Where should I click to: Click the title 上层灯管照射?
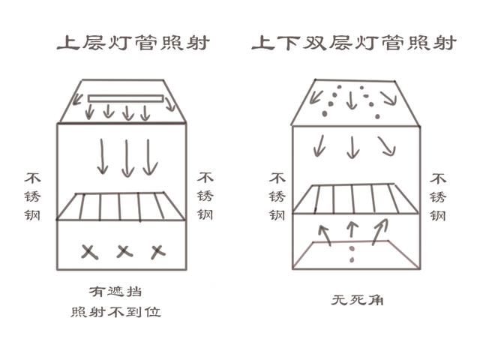[x=133, y=43]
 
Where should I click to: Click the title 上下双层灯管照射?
[x=354, y=43]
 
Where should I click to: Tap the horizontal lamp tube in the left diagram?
[x=125, y=98]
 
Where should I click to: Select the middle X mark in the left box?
[x=124, y=252]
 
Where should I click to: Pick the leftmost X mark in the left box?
[x=89, y=252]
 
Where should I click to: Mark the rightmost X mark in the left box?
[x=158, y=252]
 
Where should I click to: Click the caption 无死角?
[x=357, y=300]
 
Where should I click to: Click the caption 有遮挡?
[x=115, y=292]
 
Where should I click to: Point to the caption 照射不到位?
[x=115, y=312]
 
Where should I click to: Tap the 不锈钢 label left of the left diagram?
[x=32, y=196]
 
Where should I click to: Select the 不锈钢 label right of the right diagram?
[x=438, y=197]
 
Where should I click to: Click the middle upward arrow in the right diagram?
[x=352, y=229]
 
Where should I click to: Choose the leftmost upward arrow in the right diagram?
[x=325, y=235]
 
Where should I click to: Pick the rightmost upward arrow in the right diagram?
[x=380, y=232]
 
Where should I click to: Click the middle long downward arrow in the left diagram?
[x=127, y=158]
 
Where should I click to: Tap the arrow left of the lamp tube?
[x=78, y=99]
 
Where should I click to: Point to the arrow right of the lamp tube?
[x=169, y=104]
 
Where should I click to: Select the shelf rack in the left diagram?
[x=121, y=206]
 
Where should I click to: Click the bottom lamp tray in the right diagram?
[x=356, y=255]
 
